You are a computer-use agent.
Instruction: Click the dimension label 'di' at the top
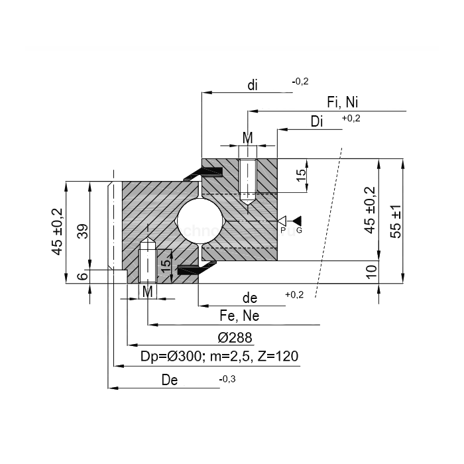253,85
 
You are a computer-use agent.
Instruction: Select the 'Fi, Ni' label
343,102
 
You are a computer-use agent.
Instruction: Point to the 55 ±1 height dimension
395,221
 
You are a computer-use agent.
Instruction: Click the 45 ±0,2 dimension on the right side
370,209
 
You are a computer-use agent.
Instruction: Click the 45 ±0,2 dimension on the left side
58,231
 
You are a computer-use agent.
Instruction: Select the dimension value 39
82,231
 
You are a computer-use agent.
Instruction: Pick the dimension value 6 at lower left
82,277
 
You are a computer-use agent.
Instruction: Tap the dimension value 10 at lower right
371,270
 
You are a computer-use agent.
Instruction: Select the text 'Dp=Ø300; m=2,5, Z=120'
219,357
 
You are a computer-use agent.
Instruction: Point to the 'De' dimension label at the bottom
170,380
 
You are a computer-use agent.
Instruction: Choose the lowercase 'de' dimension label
249,298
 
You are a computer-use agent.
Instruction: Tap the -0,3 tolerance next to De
227,378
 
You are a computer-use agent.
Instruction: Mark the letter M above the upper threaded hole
247,138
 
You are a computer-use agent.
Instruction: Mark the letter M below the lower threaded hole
148,292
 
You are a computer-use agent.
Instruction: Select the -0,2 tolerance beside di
300,82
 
